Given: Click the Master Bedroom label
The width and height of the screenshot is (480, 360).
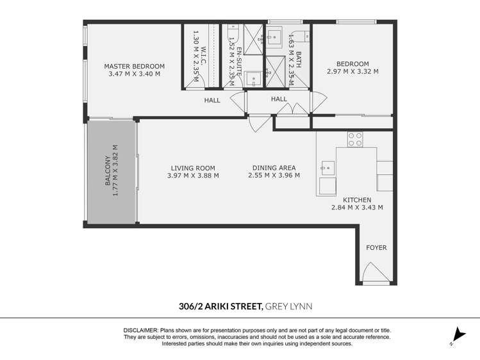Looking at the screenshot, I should (135, 66).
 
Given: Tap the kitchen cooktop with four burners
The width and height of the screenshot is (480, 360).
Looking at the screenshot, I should (354, 139).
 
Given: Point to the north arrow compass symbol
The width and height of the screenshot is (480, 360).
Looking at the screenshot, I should (457, 336).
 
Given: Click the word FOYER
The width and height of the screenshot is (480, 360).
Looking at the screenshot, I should (376, 247).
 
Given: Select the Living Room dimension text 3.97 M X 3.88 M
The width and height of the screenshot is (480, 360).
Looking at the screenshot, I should (193, 176).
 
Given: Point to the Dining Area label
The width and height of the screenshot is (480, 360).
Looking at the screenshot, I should (274, 168).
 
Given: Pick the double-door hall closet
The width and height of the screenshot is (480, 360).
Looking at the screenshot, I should (292, 110).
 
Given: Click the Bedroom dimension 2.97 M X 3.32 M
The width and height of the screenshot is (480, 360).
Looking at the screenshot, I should (352, 72).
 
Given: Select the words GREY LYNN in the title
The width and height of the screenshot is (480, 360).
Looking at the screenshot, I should (288, 307).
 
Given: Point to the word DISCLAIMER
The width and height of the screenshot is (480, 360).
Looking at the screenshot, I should (140, 329).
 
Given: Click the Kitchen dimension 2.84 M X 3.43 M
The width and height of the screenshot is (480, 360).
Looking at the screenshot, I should (357, 208).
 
